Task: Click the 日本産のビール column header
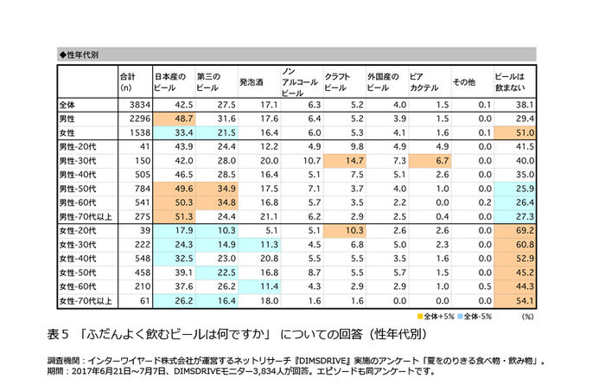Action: click(169, 81)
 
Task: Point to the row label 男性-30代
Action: click(80, 160)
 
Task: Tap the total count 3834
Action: click(139, 103)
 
